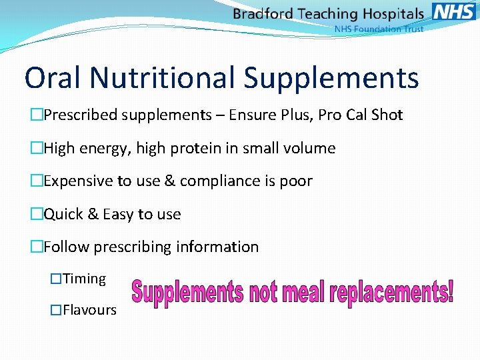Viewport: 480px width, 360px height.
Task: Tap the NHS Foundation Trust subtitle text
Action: point(379,29)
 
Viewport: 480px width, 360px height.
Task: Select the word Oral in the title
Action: point(53,77)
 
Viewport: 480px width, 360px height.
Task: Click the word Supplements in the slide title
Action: point(331,79)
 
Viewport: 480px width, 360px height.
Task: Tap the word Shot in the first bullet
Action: point(387,115)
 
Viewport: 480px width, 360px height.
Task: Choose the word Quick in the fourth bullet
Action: point(63,214)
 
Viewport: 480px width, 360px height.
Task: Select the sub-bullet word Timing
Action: point(84,279)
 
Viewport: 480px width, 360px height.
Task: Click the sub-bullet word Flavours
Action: point(89,310)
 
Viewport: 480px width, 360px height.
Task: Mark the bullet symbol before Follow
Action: point(36,247)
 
